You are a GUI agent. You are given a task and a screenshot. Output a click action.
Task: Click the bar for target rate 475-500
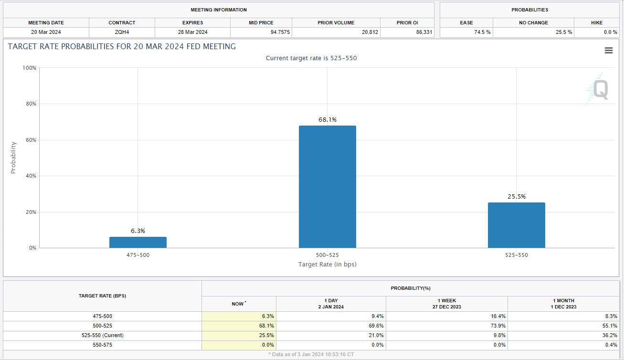click(137, 242)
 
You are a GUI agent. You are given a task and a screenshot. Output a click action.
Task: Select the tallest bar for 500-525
click(327, 187)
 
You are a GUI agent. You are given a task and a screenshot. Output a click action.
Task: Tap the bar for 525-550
click(516, 225)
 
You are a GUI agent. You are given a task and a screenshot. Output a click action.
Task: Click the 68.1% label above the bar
click(328, 119)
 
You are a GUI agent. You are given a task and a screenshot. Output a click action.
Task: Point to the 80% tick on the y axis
click(30, 104)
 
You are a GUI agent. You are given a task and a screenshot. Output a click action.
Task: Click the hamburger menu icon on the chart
click(608, 51)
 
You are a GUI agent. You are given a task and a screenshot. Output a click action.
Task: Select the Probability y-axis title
click(13, 158)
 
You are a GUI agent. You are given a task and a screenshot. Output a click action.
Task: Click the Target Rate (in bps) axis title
click(327, 264)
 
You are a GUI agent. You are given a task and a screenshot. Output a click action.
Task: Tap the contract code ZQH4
click(122, 32)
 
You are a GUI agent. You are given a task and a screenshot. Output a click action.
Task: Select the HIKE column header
click(596, 22)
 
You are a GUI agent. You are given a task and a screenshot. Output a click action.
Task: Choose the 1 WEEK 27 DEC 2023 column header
click(446, 304)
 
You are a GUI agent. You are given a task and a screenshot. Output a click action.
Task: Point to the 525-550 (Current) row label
click(102, 335)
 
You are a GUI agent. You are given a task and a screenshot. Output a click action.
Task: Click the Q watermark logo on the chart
click(600, 89)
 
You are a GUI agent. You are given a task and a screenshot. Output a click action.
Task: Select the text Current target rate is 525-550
click(311, 58)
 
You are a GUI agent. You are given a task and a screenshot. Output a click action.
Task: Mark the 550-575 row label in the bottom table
click(102, 345)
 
